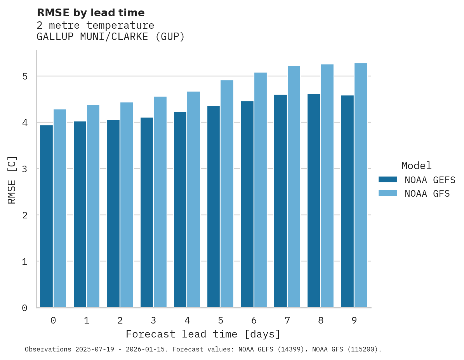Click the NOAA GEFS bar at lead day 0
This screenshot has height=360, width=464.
click(47, 216)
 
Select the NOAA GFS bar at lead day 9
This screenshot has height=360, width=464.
click(360, 185)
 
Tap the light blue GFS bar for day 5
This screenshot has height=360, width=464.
click(227, 194)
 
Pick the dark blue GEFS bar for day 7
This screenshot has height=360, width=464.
click(280, 201)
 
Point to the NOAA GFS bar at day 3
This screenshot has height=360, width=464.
click(160, 202)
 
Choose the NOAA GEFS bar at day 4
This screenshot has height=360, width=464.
click(180, 209)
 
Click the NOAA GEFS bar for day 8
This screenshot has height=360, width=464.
click(314, 201)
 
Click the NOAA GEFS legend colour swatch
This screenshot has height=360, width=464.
click(388, 180)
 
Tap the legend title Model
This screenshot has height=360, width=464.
click(416, 166)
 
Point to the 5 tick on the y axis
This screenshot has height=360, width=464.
click(24, 76)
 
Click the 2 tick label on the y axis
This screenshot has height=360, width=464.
click(24, 215)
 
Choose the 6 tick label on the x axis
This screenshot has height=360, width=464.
click(254, 321)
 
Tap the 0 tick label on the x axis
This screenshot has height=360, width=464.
click(53, 321)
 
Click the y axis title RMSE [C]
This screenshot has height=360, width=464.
click(12, 180)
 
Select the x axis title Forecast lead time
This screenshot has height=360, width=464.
click(203, 334)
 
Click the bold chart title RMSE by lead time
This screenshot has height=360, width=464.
click(90, 13)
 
